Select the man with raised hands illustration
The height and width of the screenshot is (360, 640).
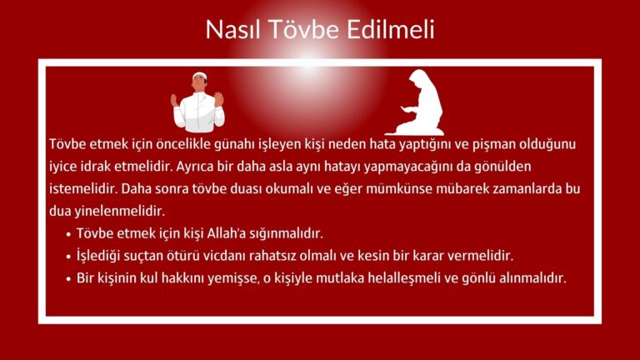pos(197,102)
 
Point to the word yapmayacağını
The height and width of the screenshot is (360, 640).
pos(427,166)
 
